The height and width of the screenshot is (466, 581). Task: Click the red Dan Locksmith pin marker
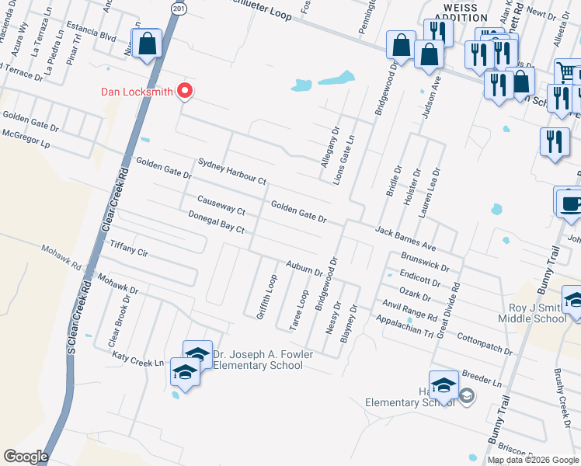pos(185,92)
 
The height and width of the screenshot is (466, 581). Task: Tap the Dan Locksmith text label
pos(137,92)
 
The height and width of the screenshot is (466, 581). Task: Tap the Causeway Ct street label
pos(221,205)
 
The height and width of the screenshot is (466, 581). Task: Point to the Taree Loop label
pos(299,311)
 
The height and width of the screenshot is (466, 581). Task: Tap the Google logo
pos(25,456)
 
